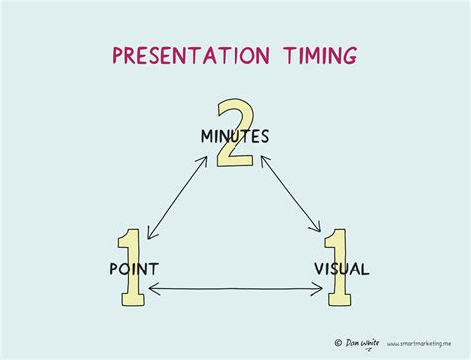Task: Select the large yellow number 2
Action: coord(236,131)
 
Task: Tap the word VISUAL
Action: coord(341,269)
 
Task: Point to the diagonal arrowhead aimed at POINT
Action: coord(149,236)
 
